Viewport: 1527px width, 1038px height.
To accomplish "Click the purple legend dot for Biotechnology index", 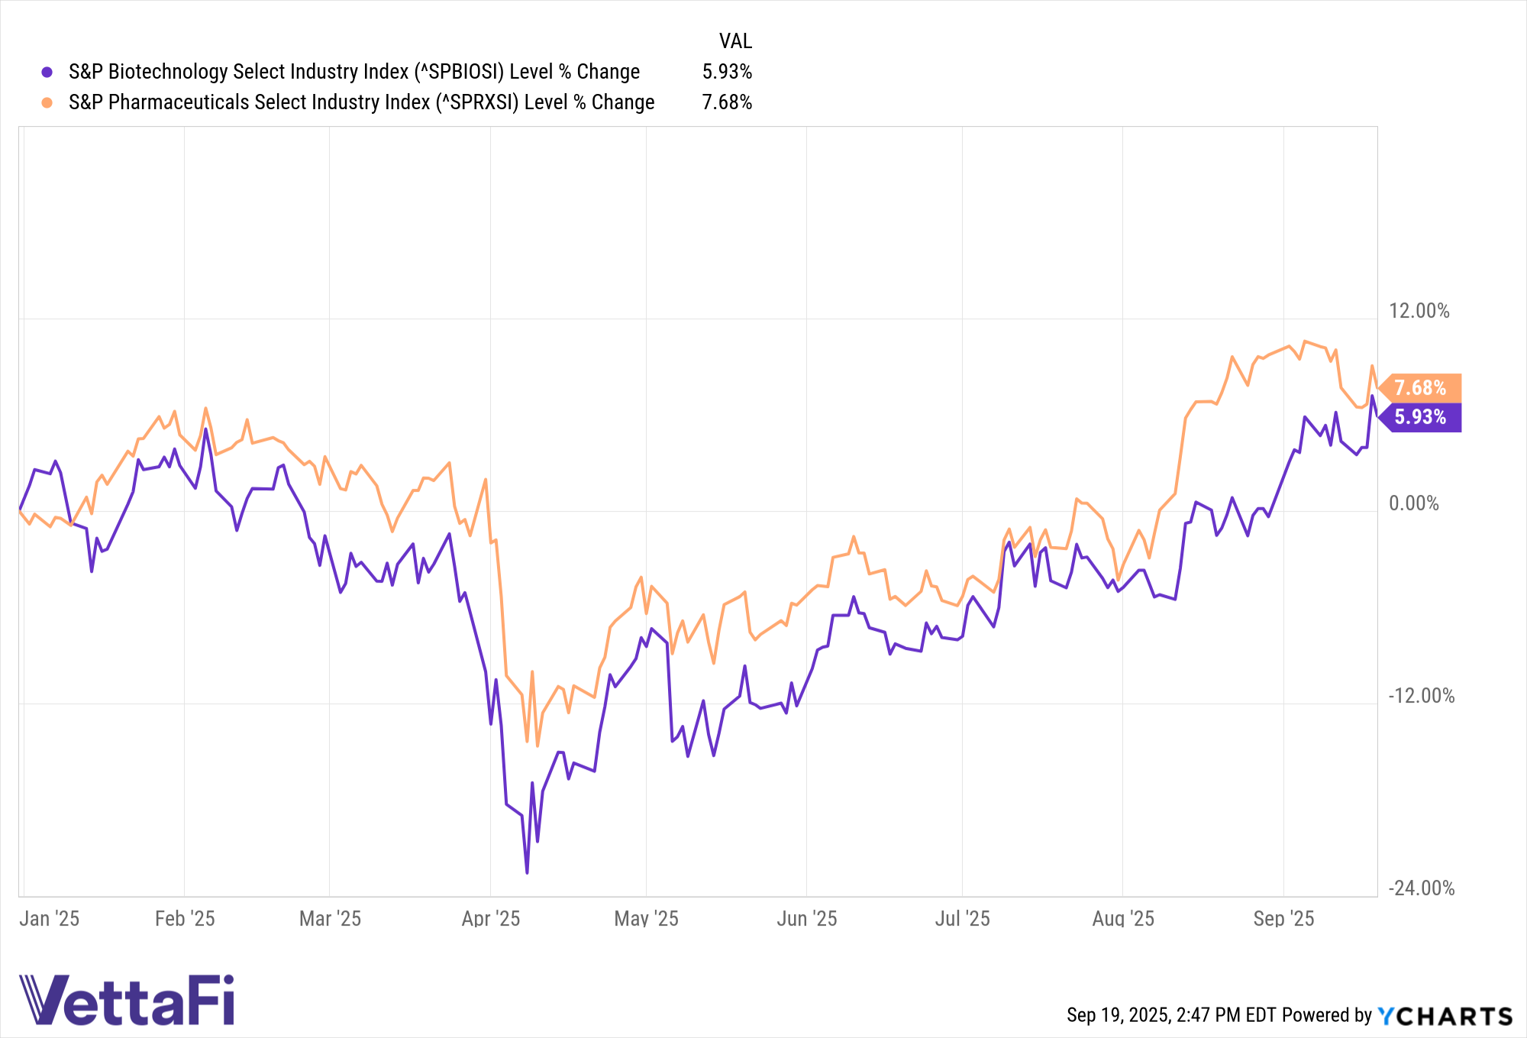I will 47,72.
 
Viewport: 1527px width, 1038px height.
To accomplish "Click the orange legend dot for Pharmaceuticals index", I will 47,102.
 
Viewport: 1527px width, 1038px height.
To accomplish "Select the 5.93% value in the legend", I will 727,72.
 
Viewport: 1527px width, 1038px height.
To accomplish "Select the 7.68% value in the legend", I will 727,102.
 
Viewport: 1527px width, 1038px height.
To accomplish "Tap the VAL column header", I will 735,41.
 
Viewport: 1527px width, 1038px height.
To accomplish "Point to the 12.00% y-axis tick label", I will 1419,311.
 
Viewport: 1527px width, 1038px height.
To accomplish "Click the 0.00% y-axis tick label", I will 1413,503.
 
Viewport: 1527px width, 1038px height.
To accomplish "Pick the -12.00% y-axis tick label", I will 1421,696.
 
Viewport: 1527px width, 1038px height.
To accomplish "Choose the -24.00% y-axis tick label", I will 1421,888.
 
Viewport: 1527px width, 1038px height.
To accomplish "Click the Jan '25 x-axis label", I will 50,918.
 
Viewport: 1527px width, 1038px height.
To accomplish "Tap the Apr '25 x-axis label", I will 491,918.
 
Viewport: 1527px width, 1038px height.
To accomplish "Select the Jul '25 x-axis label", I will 962,918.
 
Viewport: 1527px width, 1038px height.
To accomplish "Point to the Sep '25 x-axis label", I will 1283,918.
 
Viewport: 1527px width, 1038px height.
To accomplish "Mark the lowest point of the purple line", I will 527,872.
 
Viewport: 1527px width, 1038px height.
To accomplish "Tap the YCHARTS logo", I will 1445,1016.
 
